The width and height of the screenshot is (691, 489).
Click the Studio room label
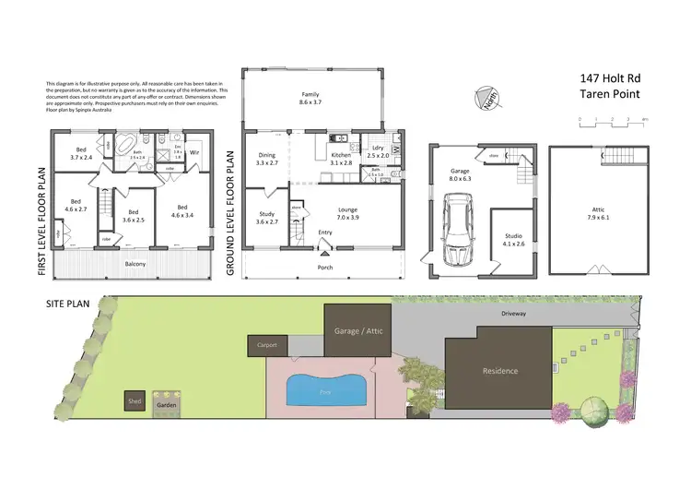513,239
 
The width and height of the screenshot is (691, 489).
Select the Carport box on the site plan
265,344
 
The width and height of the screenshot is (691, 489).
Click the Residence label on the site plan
500,371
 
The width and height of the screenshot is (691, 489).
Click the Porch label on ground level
324,268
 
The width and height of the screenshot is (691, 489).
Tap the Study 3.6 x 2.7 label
267,218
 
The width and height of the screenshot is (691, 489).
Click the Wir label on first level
194,153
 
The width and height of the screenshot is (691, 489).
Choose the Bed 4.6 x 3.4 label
182,210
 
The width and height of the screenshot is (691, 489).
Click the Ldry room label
379,150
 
